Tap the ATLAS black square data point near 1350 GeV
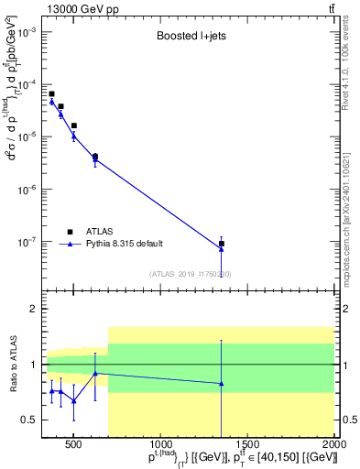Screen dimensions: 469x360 click(222, 244)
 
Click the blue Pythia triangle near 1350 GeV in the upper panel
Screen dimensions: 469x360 click(222, 249)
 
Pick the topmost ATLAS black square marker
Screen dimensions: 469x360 click(52, 93)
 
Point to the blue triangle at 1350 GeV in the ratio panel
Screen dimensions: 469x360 click(222, 384)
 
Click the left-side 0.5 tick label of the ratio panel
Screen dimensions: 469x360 click(30, 420)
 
